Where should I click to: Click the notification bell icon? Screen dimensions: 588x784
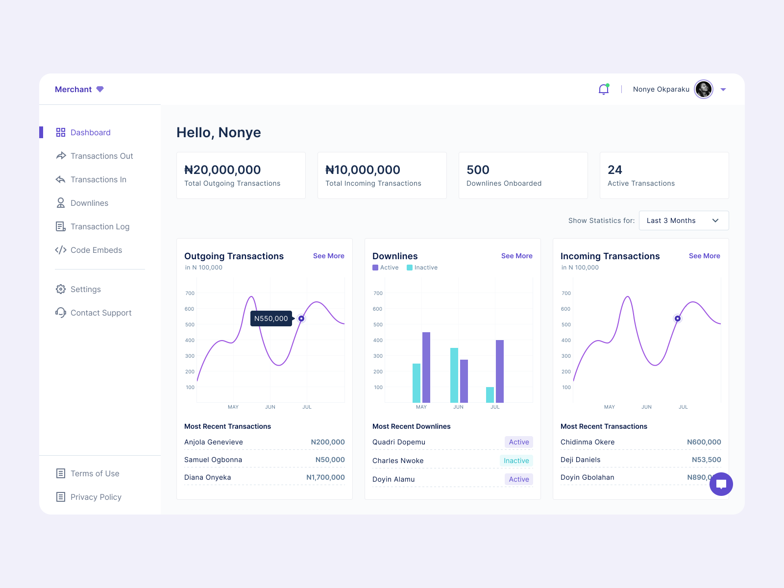click(604, 89)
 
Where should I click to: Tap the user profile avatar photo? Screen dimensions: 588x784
click(704, 89)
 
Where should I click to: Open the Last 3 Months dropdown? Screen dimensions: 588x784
click(684, 220)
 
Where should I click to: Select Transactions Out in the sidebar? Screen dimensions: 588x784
click(101, 156)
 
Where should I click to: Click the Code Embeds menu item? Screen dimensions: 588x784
click(96, 250)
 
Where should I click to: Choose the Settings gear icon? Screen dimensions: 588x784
click(61, 289)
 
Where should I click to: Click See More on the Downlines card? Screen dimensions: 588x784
click(516, 256)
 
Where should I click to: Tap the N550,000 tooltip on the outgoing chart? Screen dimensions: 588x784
click(271, 318)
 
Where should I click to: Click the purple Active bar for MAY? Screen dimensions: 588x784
click(426, 367)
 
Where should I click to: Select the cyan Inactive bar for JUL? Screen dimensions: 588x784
click(490, 395)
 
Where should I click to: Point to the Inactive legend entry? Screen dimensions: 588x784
click(422, 268)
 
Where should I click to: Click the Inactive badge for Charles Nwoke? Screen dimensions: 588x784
click(516, 461)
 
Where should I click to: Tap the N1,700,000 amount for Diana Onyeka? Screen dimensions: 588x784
click(325, 477)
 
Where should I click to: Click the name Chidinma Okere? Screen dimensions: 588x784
click(588, 442)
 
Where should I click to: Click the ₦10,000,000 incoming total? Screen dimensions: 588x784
click(363, 170)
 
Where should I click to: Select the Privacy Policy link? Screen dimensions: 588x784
click(96, 497)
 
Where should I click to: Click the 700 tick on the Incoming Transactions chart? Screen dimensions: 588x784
click(566, 293)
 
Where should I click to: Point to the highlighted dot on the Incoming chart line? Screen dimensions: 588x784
click(678, 318)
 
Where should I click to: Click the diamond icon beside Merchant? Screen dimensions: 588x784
click(100, 89)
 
